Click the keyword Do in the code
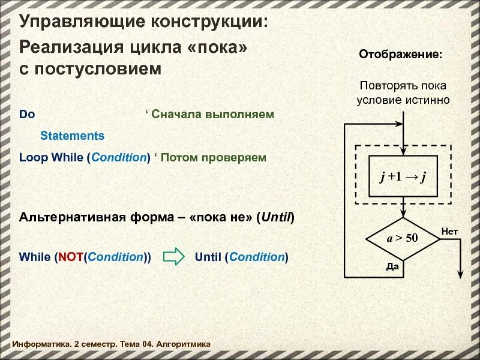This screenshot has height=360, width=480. pyautogui.click(x=27, y=114)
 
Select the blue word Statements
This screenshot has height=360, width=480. pyautogui.click(x=72, y=136)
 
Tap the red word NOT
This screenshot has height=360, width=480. pyautogui.click(x=70, y=257)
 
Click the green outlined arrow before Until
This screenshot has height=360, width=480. pyautogui.click(x=173, y=257)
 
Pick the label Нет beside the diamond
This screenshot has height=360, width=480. pyautogui.click(x=449, y=231)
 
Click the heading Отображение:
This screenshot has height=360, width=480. pyautogui.click(x=401, y=55)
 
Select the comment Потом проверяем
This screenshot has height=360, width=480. pyautogui.click(x=214, y=158)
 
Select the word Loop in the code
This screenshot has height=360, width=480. pyautogui.click(x=34, y=158)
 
